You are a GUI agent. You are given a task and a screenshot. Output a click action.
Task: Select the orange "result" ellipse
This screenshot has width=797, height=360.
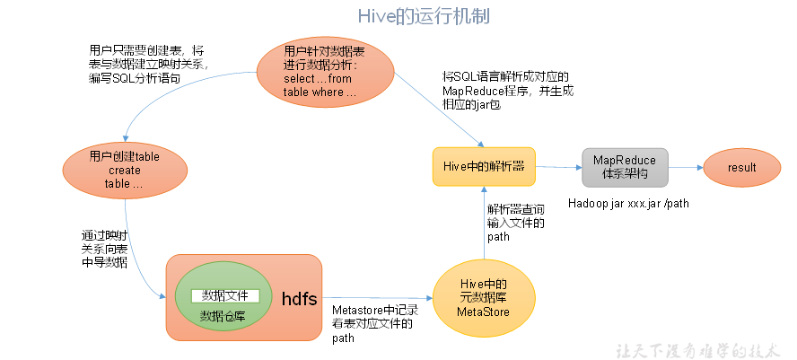tap(742, 167)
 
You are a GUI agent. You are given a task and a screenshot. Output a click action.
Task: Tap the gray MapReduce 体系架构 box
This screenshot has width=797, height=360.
tap(625, 166)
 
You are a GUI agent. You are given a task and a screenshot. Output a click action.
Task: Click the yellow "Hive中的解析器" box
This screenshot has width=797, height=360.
tap(484, 167)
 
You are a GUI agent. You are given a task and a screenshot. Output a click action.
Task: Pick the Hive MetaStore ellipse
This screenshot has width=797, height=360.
tap(484, 298)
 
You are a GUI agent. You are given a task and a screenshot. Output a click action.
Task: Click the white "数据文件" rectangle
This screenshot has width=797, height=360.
tap(225, 295)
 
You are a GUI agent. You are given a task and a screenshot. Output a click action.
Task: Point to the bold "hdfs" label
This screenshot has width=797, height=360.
tap(297, 298)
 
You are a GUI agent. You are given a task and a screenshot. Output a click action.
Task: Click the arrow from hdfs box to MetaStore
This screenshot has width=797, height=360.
tap(377, 298)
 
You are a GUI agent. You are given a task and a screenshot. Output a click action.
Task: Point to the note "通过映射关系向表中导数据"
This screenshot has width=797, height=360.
tap(104, 250)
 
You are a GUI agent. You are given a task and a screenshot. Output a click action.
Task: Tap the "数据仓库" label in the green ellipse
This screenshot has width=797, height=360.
tap(223, 316)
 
